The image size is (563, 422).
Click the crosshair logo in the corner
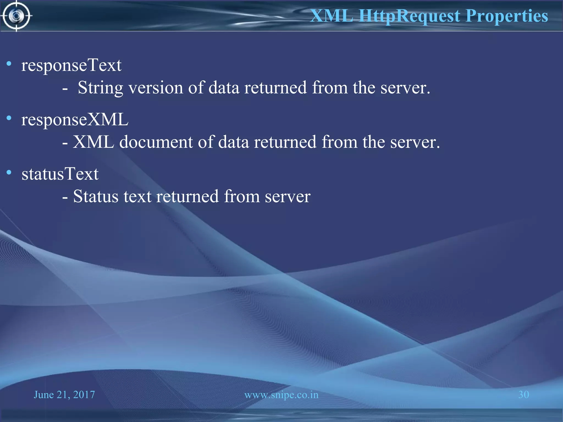tap(16, 16)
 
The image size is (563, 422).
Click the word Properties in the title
tap(507, 16)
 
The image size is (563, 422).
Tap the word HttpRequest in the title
tap(409, 16)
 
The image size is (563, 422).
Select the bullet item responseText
tap(71, 65)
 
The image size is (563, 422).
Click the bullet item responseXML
tap(75, 120)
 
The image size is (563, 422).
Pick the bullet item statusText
tap(60, 174)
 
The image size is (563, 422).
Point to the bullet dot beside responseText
tap(9, 64)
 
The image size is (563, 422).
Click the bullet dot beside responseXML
tap(9, 118)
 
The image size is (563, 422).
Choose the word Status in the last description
tap(96, 197)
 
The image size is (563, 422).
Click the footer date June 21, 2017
tap(64, 395)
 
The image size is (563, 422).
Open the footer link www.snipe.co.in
tap(281, 395)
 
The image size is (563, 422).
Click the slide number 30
tap(523, 395)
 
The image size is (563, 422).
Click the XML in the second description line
tap(93, 142)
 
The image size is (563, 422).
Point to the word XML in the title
tap(332, 16)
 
